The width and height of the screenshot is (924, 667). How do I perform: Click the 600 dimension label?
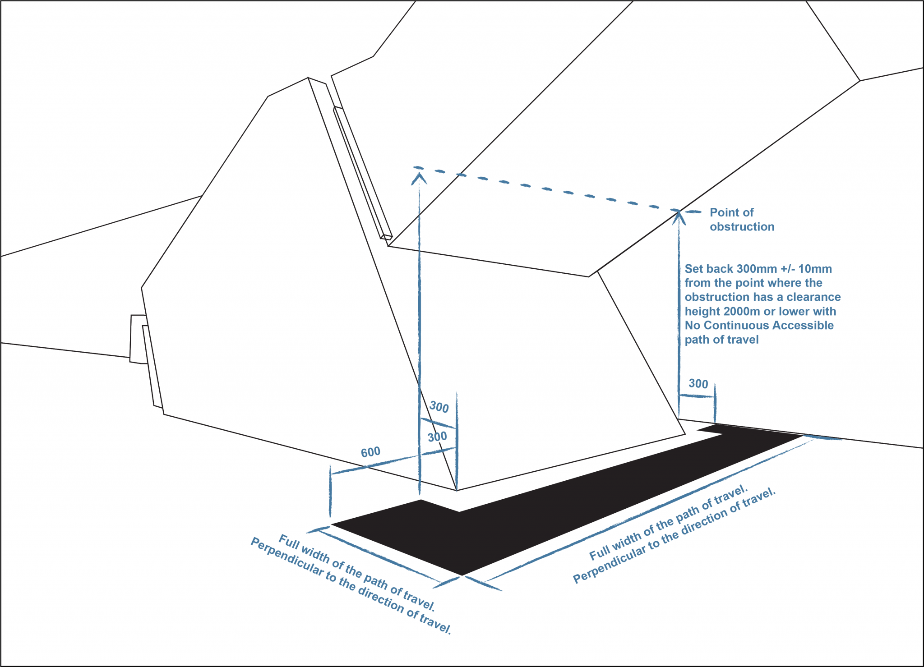[371, 452]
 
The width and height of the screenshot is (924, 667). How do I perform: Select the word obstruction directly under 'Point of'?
[742, 227]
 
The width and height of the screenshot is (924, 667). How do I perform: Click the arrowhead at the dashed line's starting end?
[420, 177]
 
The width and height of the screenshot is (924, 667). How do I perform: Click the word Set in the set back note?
[694, 269]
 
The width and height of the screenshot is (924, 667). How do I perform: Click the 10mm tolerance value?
[815, 269]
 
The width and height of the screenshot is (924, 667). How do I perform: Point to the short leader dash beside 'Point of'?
[694, 212]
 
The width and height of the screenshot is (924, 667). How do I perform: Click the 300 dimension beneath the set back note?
[698, 384]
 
